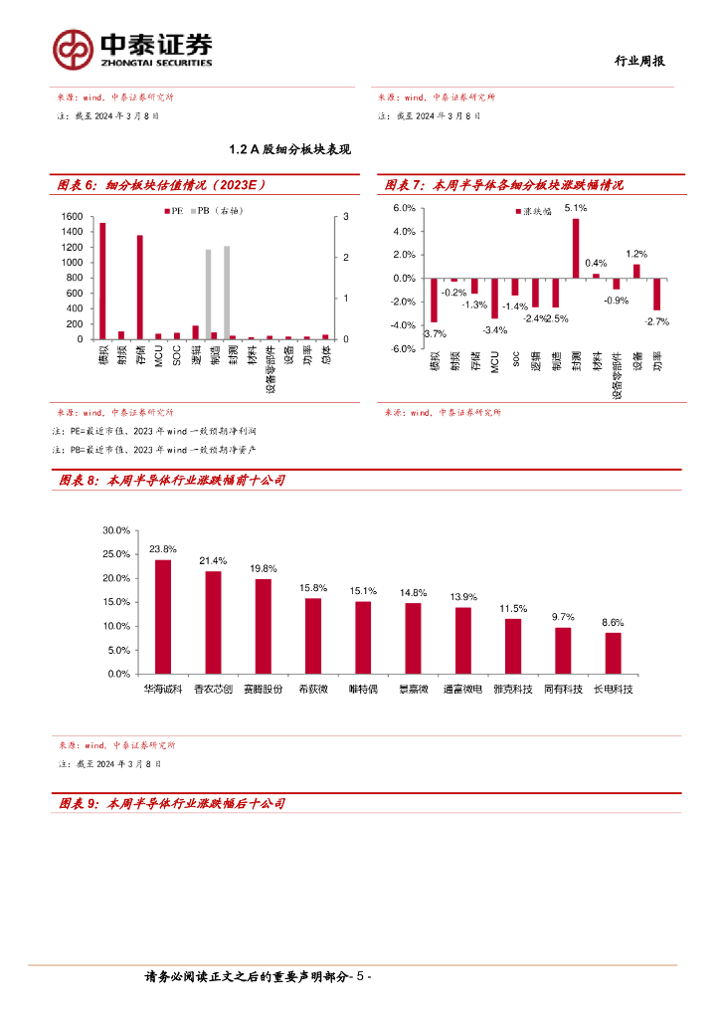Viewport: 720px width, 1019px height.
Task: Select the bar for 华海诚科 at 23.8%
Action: (163, 616)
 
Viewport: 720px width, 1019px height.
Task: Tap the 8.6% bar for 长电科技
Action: (613, 653)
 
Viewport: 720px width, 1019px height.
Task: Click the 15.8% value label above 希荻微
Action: (313, 588)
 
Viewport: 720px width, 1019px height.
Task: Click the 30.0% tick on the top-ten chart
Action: (116, 530)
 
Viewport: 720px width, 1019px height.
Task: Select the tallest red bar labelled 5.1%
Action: (576, 248)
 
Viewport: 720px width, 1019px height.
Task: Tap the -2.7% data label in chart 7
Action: (656, 321)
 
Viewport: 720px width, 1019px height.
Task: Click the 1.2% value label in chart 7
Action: (636, 254)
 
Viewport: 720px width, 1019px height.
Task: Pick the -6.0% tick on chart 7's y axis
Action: (403, 349)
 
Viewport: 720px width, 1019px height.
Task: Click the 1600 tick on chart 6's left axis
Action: (72, 217)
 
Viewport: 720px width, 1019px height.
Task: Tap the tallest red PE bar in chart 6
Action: (102, 281)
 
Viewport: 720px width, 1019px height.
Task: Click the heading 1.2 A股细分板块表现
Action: (289, 149)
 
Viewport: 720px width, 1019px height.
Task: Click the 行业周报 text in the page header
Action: (635, 61)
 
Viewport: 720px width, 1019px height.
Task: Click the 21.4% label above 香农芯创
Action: (213, 561)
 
